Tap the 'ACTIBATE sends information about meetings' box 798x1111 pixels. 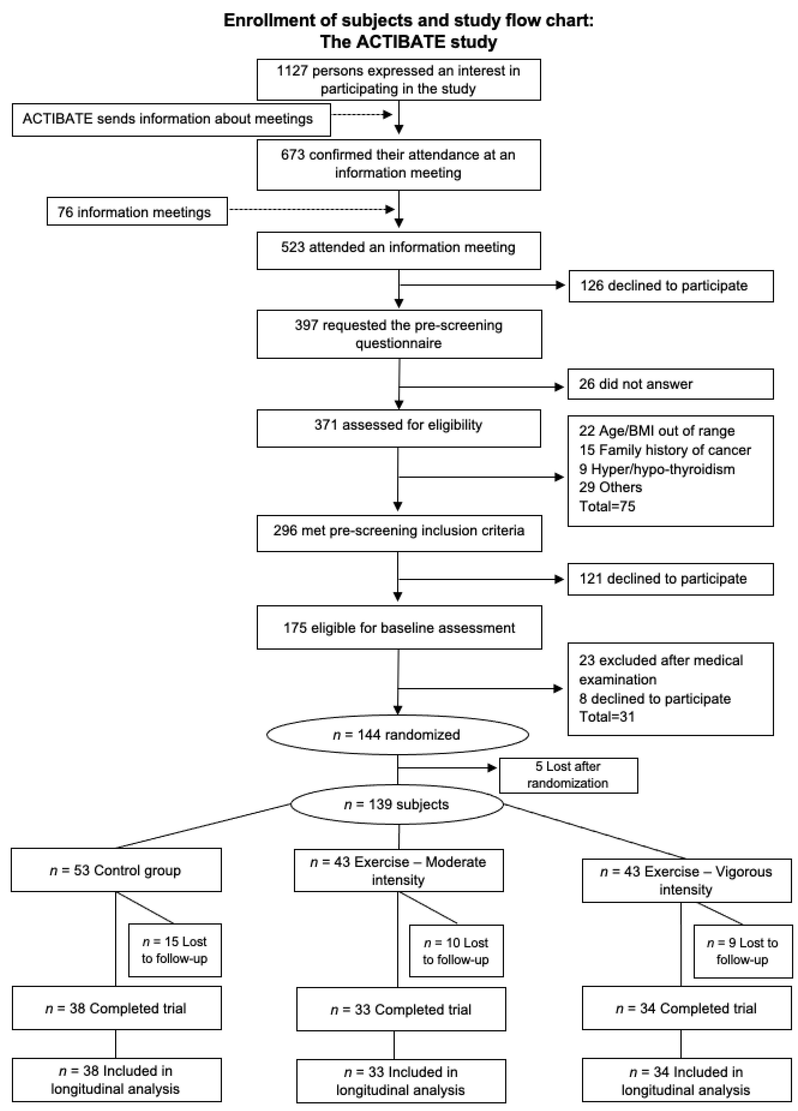[x=171, y=119]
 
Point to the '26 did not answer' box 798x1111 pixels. [x=670, y=384]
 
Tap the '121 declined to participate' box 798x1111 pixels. [x=670, y=579]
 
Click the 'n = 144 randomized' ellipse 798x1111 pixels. [x=397, y=735]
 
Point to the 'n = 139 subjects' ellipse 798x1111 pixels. [x=397, y=804]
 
